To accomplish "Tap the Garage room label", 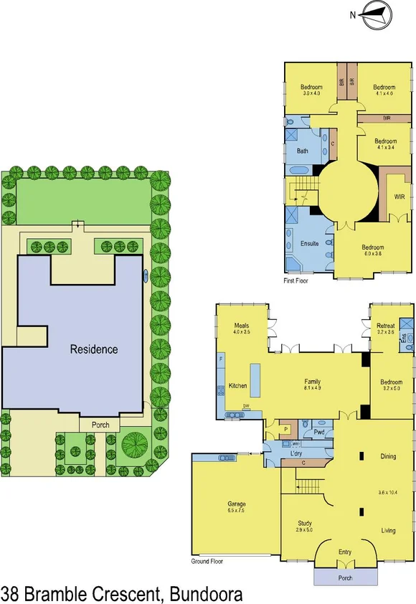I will point(236,504).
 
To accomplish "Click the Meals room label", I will point(240,326).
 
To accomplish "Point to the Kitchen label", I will point(237,386).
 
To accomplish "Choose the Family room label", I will point(312,382).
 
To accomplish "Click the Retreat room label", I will point(385,326).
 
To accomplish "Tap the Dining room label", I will point(388,456).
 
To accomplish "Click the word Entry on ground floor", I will point(345,552).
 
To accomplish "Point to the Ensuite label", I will point(308,244).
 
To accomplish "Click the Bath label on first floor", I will point(302,151).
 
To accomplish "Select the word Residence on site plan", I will point(94,350).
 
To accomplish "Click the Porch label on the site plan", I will point(100,425).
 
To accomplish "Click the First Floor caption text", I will point(296,281).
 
